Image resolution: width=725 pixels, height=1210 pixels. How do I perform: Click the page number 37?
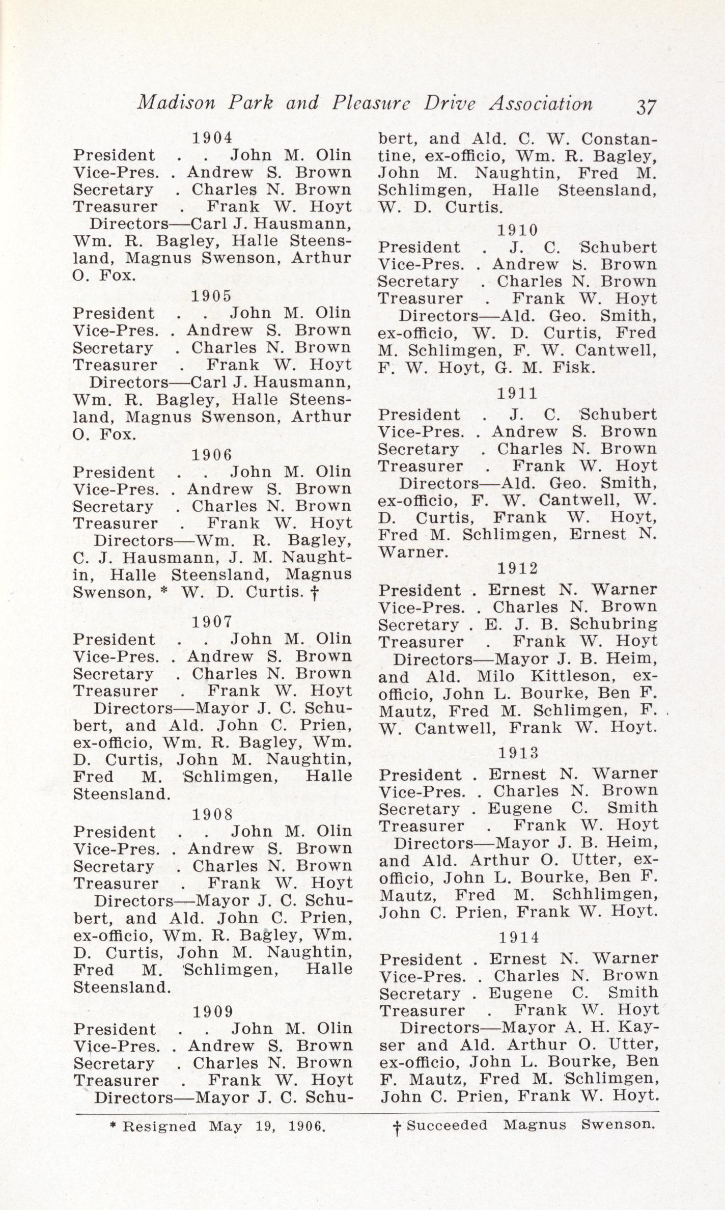pos(645,107)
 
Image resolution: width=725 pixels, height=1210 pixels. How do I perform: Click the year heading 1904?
pos(212,137)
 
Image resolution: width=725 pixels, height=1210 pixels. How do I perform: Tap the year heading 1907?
pos(212,621)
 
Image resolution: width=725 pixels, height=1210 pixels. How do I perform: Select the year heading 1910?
pos(517,230)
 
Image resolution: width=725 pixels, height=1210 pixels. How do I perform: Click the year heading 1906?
pos(212,454)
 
